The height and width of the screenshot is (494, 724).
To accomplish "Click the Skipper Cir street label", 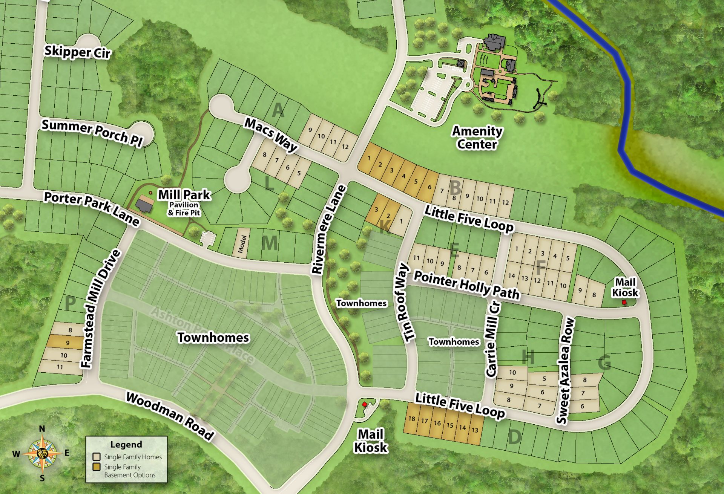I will pyautogui.click(x=77, y=52).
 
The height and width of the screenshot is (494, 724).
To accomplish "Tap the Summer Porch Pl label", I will pyautogui.click(x=92, y=132).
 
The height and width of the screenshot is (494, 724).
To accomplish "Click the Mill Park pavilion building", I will pyautogui.click(x=144, y=205).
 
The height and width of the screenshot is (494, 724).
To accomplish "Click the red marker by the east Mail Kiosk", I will pyautogui.click(x=624, y=302).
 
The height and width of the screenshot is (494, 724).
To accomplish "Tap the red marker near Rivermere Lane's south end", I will pyautogui.click(x=364, y=404).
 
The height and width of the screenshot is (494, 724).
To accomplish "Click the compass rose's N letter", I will pyautogui.click(x=42, y=429).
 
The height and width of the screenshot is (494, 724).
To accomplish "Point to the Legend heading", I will pyautogui.click(x=126, y=444).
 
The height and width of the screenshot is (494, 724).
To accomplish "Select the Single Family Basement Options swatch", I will pyautogui.click(x=97, y=467).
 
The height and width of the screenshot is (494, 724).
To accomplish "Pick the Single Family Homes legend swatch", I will pyautogui.click(x=97, y=457).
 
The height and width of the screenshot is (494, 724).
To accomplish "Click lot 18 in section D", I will pyautogui.click(x=411, y=419).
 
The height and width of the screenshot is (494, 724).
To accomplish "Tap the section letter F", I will pyautogui.click(x=541, y=268).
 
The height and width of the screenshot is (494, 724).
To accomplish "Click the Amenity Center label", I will pyautogui.click(x=477, y=138).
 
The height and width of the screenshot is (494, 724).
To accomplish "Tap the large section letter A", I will pyautogui.click(x=278, y=110).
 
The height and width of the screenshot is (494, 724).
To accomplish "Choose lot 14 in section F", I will pyautogui.click(x=511, y=276).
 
